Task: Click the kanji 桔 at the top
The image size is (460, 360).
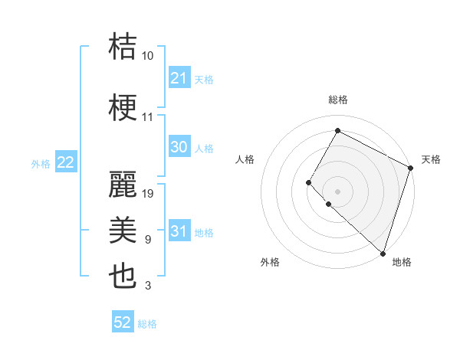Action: [123, 47]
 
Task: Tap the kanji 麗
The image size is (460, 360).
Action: [123, 185]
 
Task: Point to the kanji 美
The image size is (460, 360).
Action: [123, 231]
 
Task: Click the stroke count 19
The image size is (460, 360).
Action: [148, 194]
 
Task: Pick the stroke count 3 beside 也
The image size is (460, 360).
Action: [148, 286]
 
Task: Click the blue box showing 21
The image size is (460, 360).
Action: [179, 78]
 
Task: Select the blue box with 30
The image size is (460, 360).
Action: [179, 147]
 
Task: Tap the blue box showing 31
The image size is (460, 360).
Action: [179, 231]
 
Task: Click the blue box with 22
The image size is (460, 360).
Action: [66, 162]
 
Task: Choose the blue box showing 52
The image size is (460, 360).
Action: [123, 322]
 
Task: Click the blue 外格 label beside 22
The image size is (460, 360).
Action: [41, 163]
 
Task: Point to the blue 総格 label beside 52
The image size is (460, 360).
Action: [147, 324]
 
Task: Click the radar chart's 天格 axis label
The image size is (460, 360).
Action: [431, 159]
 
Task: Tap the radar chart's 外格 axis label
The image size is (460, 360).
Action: [270, 262]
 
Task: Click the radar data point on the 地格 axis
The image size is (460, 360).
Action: [383, 253]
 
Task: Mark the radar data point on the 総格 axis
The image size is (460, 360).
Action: [337, 130]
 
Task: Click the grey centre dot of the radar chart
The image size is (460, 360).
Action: [337, 191]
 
